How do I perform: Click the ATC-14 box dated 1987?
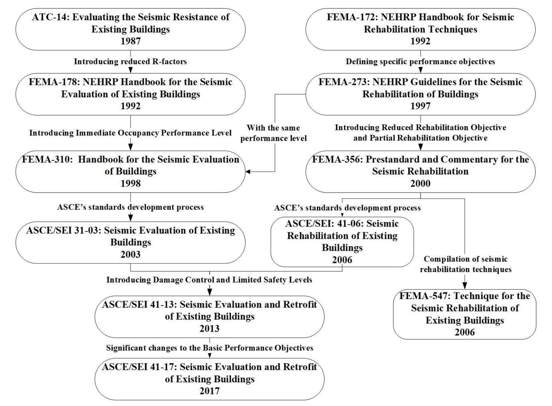click(x=130, y=29)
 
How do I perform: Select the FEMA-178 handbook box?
click(x=130, y=94)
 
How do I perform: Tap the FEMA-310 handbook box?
click(x=130, y=171)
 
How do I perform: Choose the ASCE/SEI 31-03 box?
click(x=130, y=242)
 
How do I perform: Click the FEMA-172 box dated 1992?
click(x=420, y=29)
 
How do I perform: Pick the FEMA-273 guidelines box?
click(x=420, y=94)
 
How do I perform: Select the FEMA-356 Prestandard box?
click(x=420, y=171)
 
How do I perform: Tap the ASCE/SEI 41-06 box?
click(x=342, y=242)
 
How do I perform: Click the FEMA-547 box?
click(x=465, y=314)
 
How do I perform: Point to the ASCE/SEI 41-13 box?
click(x=209, y=316)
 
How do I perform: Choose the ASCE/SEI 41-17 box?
click(x=209, y=379)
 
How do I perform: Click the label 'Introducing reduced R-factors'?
click(x=130, y=62)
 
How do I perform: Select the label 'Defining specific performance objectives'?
click(x=420, y=62)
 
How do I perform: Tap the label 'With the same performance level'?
click(x=273, y=133)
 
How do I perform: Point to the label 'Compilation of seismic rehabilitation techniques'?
click(x=466, y=264)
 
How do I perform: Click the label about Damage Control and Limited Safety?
click(x=209, y=280)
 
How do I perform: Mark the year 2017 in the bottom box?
click(x=209, y=391)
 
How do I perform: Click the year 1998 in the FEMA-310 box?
click(x=130, y=183)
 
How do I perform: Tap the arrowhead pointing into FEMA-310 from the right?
click(x=248, y=172)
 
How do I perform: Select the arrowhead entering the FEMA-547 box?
click(x=465, y=286)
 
